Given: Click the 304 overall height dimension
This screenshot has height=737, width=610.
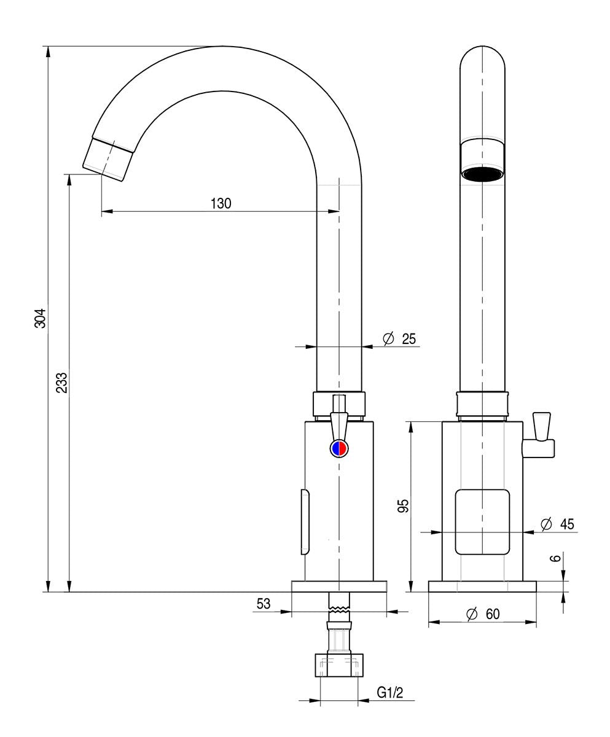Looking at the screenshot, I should coord(40,318).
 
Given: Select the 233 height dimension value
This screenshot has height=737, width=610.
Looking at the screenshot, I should coord(61,382).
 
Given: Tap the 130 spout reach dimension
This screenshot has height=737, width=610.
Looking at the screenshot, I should coord(221,203).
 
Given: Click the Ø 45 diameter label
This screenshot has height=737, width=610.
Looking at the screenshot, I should coord(558,524).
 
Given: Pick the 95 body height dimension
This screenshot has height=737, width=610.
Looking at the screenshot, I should coord(403,505).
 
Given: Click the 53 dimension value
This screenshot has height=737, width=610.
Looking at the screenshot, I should coord(264,604).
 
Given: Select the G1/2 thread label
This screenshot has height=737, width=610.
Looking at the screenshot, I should coord(390,693).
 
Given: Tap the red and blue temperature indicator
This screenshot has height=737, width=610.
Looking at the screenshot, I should coord(339,448).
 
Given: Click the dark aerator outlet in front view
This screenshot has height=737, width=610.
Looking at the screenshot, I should coord(483,174).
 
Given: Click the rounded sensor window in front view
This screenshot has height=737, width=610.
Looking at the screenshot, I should coord(482,522).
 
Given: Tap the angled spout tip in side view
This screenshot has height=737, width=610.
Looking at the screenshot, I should coord(109,159).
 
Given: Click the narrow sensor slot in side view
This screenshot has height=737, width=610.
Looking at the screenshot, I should coord(305,522).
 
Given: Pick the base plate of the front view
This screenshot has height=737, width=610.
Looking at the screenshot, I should coord(482,587).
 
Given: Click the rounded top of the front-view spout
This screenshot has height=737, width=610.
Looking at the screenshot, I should coord(483,58).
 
